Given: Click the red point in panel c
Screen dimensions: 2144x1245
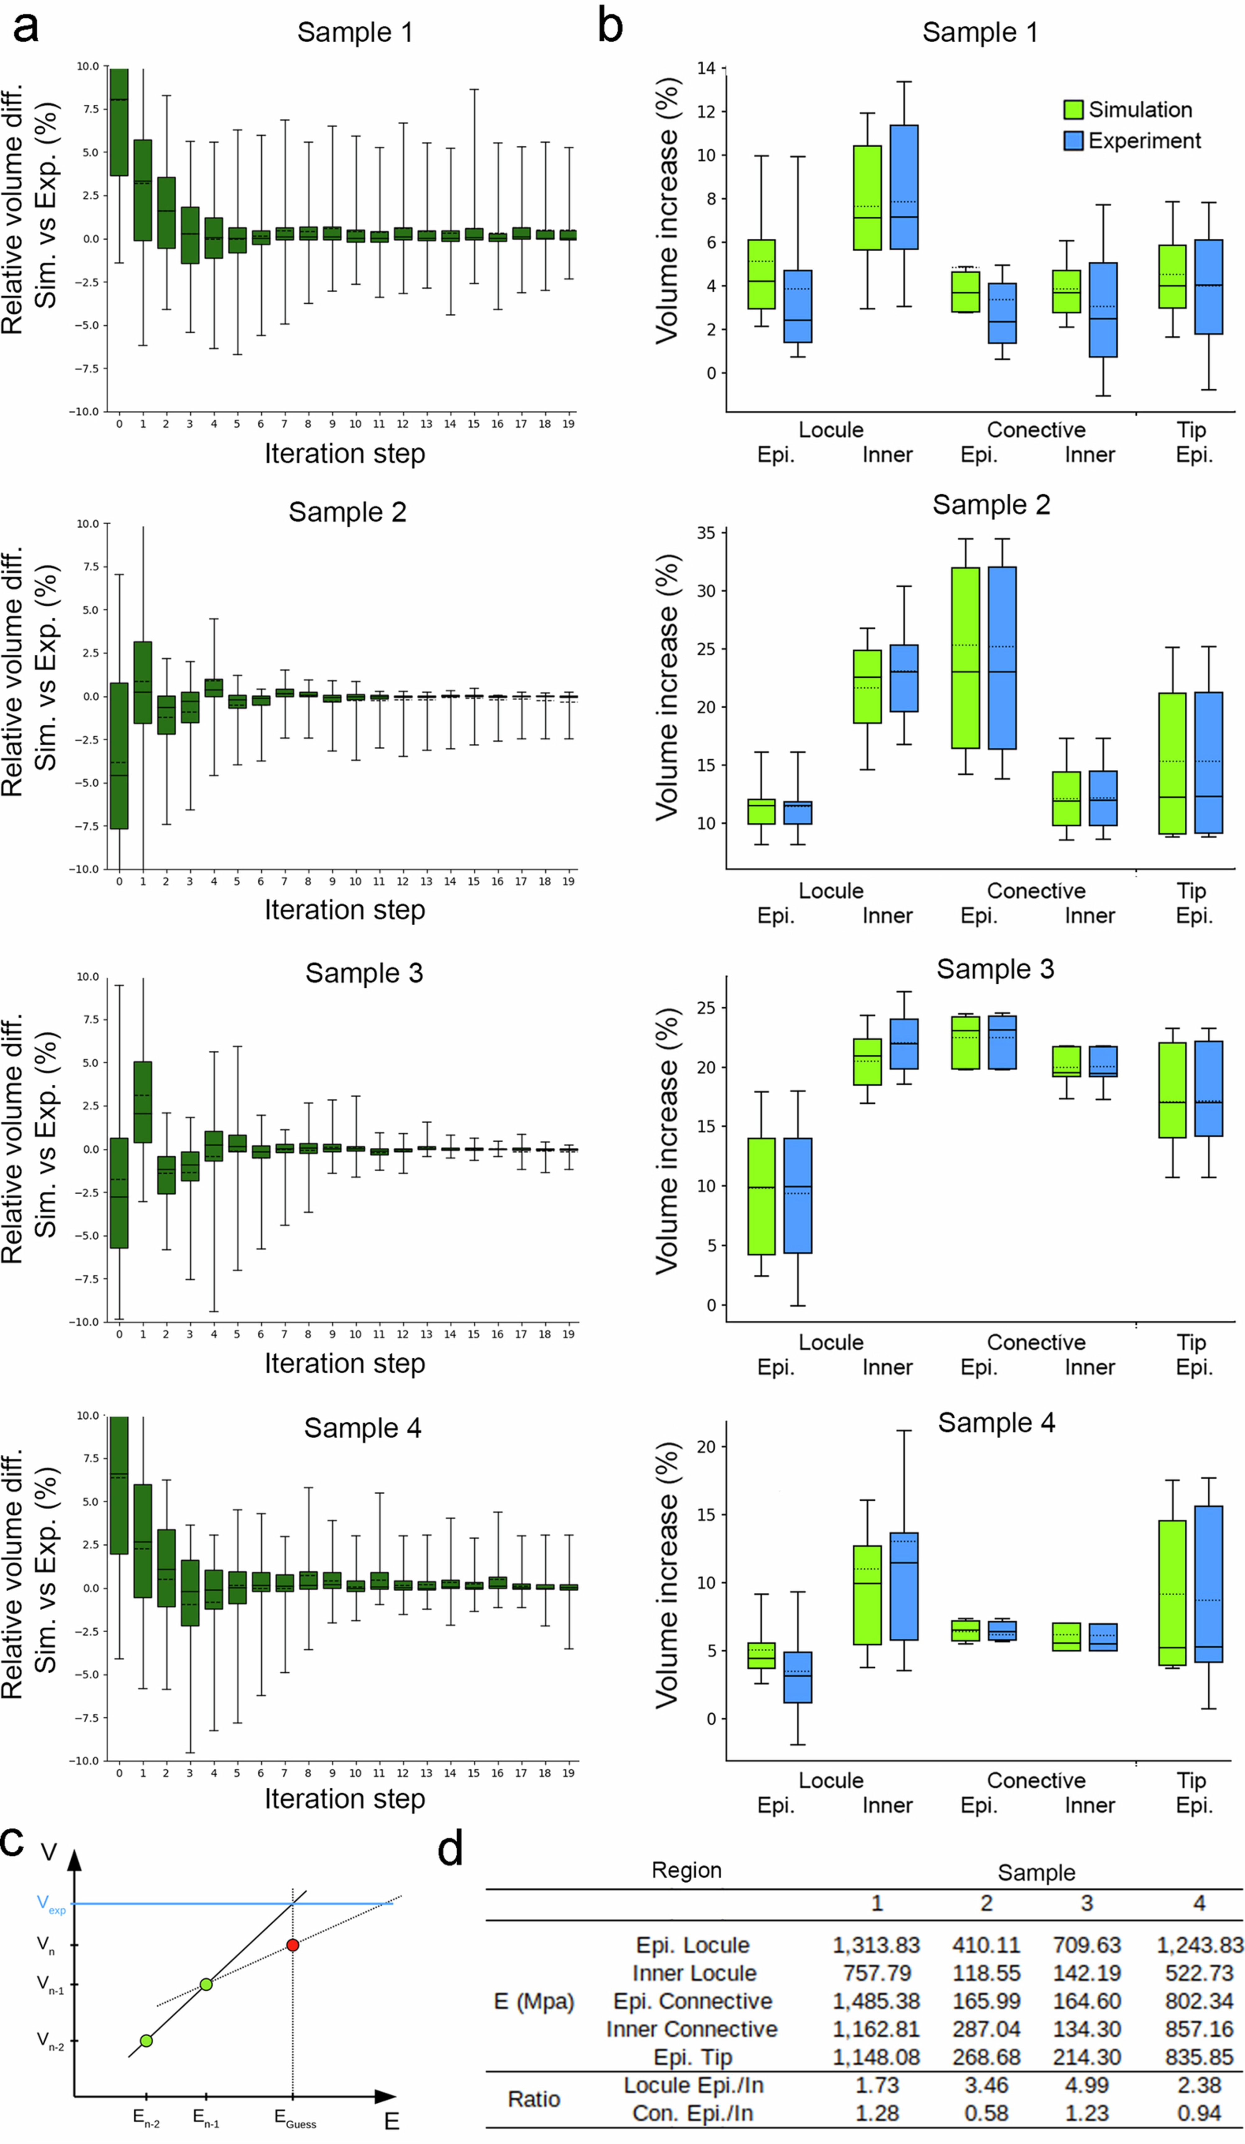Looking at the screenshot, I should (293, 1945).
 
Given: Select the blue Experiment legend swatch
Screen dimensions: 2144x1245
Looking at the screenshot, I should (1073, 140).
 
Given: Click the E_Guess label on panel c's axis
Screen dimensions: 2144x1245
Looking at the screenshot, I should (294, 2118).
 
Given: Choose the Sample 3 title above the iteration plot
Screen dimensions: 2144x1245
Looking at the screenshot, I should (364, 972).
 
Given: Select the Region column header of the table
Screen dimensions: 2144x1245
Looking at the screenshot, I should (686, 1870).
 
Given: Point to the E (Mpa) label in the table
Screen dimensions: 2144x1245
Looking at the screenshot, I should (534, 2001).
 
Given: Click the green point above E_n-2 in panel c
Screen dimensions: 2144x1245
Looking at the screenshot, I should (146, 2040).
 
